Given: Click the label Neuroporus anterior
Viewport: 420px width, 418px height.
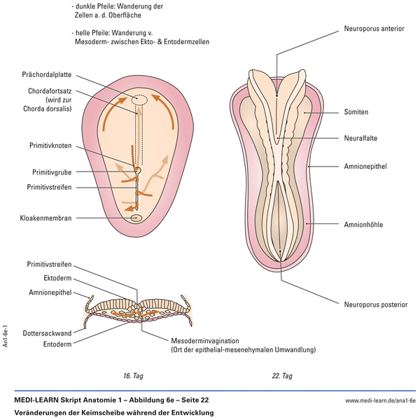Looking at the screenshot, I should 374,30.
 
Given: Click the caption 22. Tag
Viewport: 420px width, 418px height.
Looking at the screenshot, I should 282,376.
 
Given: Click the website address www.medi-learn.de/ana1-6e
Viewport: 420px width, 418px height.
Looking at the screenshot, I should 381,400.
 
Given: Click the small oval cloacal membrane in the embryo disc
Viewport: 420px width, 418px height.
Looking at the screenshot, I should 137,218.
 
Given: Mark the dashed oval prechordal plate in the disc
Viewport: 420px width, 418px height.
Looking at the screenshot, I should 139,100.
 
